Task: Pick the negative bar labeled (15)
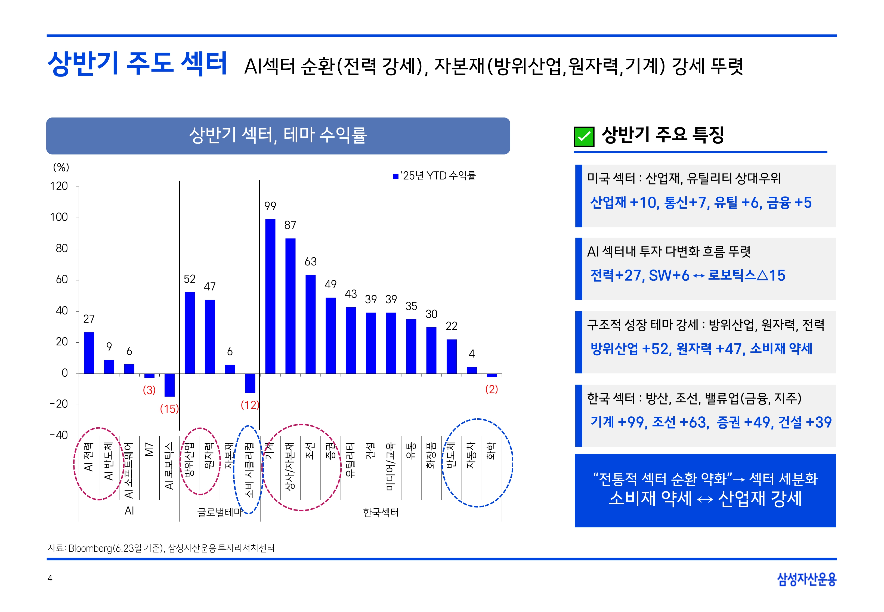(169, 385)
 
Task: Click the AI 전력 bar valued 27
(89, 353)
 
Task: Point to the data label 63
(311, 261)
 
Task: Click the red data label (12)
(249, 405)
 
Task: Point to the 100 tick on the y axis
(59, 217)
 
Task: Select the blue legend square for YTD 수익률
(395, 176)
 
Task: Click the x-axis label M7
(149, 449)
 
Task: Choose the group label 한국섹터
(381, 512)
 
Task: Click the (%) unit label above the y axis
(61, 167)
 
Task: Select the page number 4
(50, 578)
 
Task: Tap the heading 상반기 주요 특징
(662, 135)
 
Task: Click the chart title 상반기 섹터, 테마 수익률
(278, 135)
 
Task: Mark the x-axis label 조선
(310, 450)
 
